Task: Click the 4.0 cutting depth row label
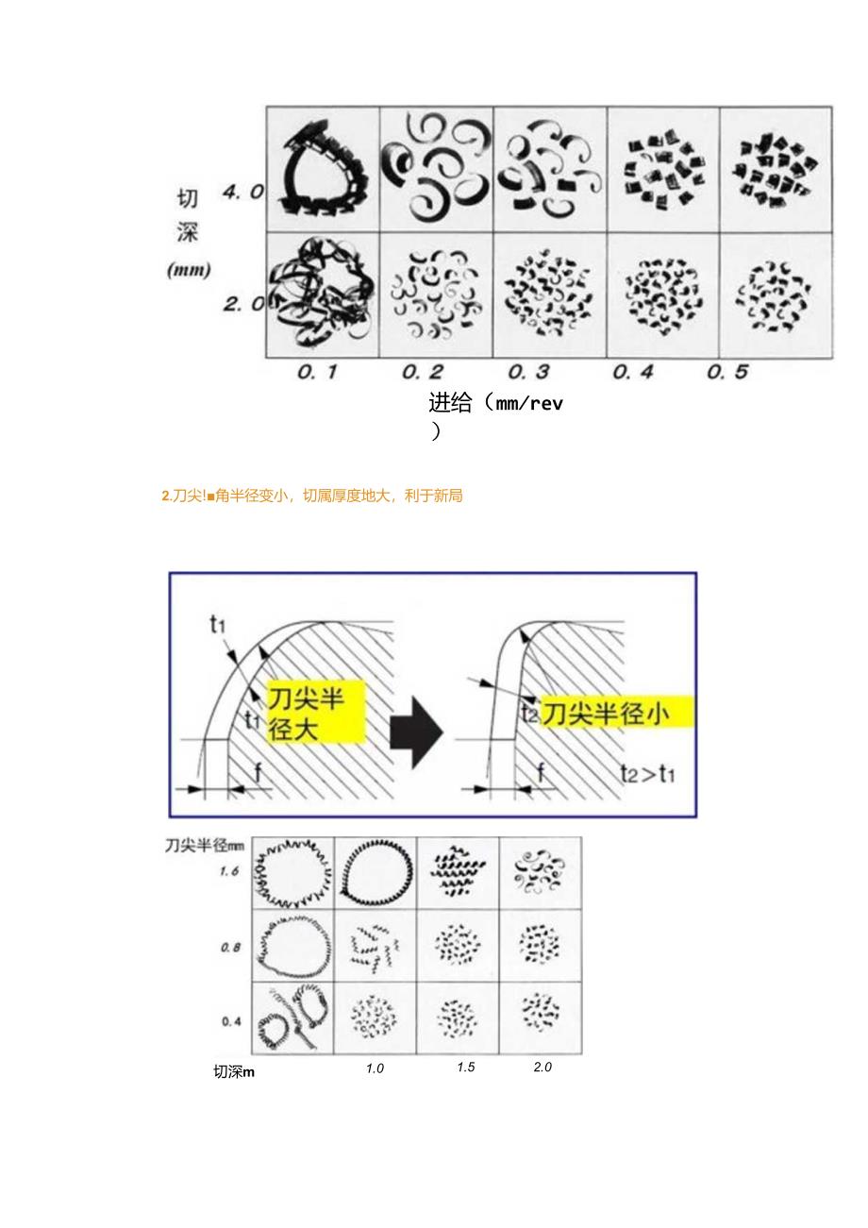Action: (242, 192)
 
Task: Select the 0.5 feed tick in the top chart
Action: (727, 372)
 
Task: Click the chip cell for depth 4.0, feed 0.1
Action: (323, 170)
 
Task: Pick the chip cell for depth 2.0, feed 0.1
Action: (323, 295)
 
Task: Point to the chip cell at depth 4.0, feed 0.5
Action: (776, 170)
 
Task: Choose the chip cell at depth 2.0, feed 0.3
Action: (549, 295)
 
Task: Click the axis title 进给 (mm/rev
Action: (495, 404)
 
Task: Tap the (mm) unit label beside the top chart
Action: (189, 270)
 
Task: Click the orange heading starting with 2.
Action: (312, 496)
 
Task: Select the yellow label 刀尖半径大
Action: (313, 711)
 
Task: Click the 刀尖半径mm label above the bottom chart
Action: (205, 846)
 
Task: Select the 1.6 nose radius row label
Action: (229, 871)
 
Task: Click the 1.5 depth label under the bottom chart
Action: (465, 1068)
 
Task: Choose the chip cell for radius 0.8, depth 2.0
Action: (540, 945)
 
